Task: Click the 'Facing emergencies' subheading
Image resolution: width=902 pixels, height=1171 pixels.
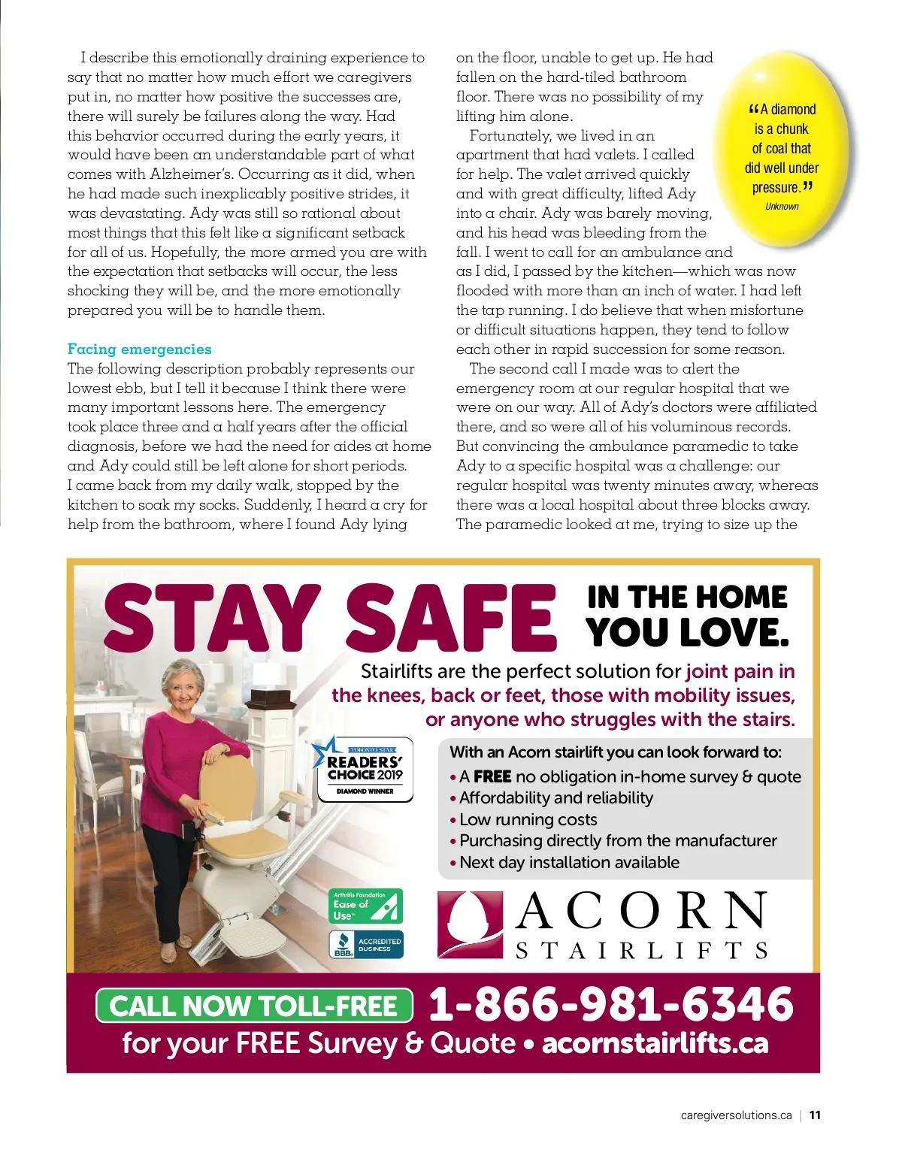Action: pos(139,349)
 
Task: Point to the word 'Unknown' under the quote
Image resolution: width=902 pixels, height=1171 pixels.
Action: pos(782,207)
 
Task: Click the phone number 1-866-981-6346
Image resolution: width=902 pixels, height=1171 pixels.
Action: pos(610,1004)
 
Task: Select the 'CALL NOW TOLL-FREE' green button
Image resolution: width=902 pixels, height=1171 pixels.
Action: pos(254,1006)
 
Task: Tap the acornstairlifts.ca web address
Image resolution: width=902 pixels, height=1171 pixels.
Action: pos(655,1043)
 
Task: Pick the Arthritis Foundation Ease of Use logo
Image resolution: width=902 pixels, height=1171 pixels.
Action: pos(365,906)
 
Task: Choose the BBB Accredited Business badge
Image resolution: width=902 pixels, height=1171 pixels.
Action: pos(365,945)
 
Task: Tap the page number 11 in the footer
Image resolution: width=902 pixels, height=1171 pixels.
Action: pos(815,1115)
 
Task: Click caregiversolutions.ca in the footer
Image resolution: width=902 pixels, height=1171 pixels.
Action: pos(736,1115)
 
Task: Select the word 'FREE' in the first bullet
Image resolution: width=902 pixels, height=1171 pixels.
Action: pos(492,776)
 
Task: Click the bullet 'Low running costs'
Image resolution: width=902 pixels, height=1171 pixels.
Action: pos(528,819)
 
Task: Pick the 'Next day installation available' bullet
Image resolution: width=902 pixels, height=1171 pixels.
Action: pos(569,862)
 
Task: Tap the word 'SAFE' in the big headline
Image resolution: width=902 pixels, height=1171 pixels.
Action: pos(451,618)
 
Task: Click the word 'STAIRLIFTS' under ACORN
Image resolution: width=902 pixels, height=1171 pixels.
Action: pos(641,951)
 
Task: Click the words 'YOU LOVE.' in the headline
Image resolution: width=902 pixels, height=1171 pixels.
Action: pos(687,632)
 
